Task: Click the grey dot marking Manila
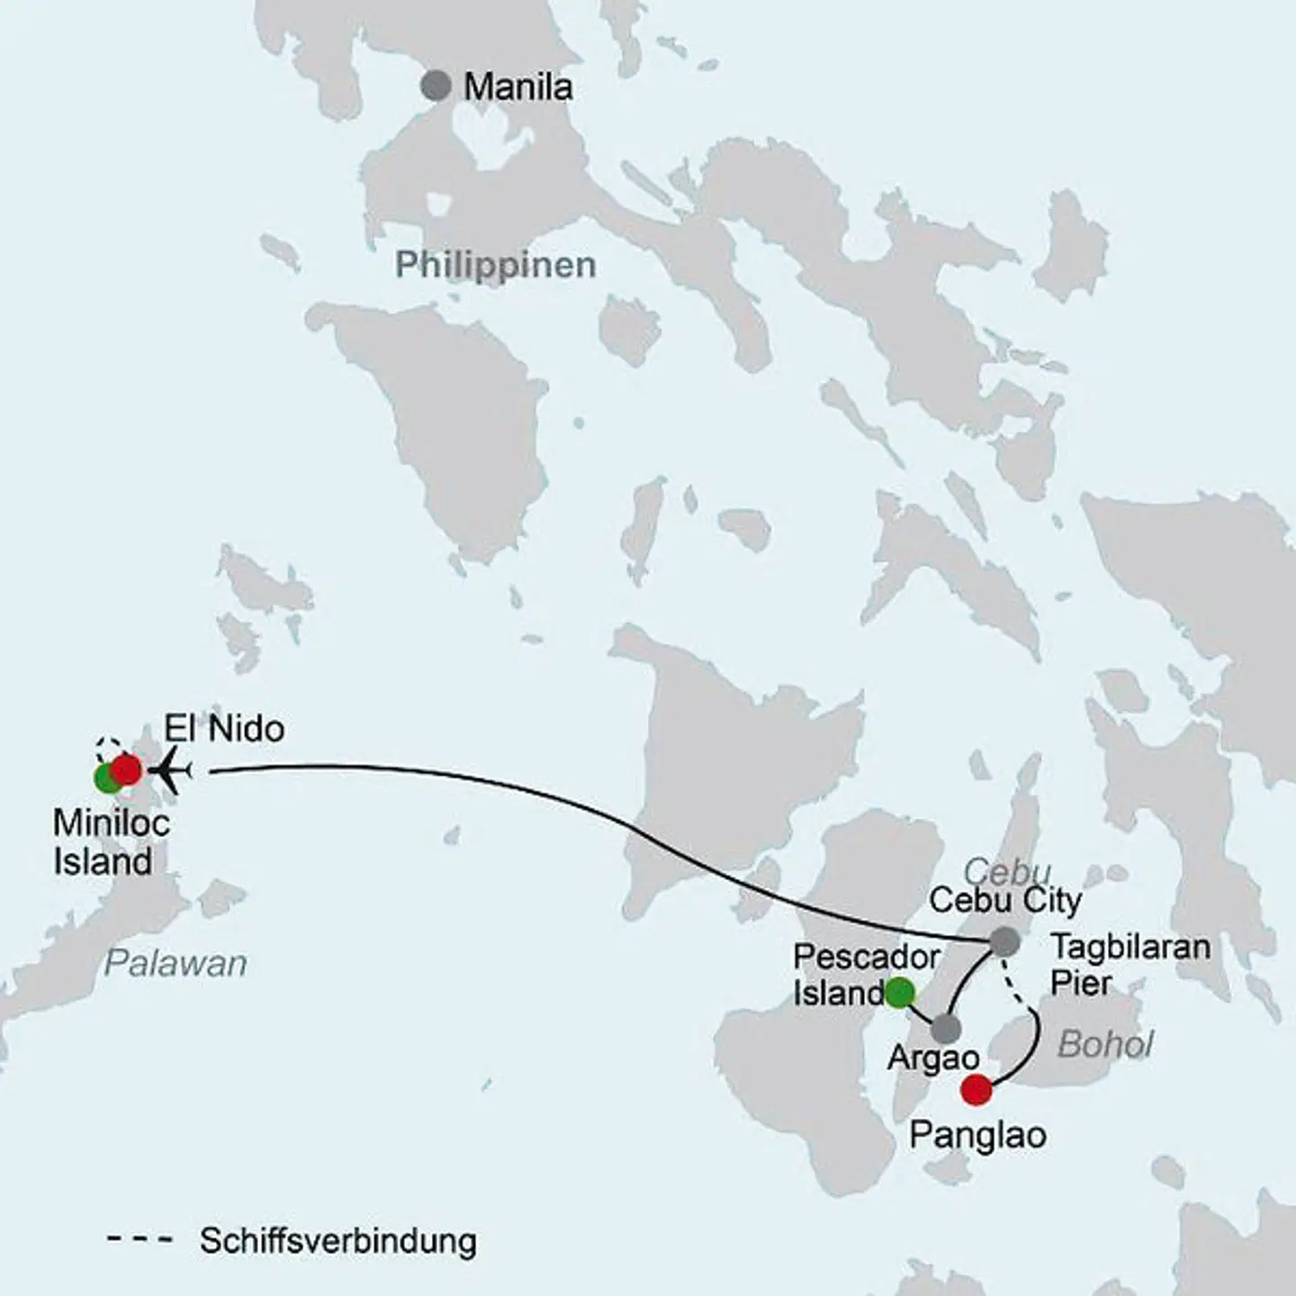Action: point(436,86)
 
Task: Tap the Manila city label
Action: point(517,87)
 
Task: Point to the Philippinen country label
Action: point(495,265)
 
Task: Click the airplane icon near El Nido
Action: point(173,771)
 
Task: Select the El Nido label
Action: point(224,728)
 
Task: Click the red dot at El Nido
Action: point(127,770)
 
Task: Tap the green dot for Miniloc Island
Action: point(106,778)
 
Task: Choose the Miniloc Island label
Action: point(111,842)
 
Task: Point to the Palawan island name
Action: point(175,964)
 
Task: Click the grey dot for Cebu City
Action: point(1005,942)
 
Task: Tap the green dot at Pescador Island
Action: point(900,993)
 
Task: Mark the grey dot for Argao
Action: point(946,1029)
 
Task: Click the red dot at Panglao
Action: point(976,1090)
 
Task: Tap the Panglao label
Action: point(977,1135)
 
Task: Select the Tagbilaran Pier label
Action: point(1129,964)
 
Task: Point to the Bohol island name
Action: point(1105,1045)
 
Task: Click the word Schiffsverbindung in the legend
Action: point(337,1240)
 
